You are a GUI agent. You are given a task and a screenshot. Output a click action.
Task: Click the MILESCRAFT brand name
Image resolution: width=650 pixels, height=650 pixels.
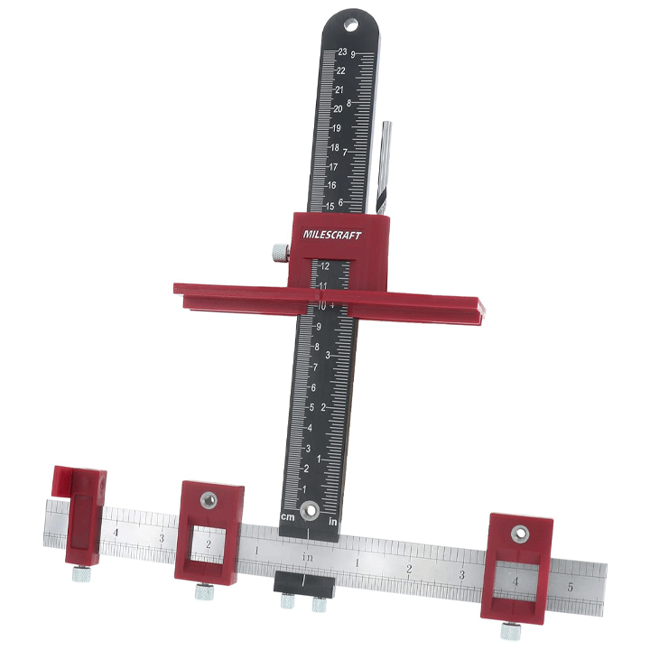pyautogui.click(x=332, y=235)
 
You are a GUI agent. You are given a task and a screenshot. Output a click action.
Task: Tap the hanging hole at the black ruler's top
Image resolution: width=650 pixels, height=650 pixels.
pyautogui.click(x=350, y=25)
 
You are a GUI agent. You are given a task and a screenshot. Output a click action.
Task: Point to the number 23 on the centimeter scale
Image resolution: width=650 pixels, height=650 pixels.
pyautogui.click(x=342, y=51)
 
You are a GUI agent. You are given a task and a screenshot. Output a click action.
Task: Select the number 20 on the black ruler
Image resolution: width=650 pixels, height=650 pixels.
pyautogui.click(x=338, y=108)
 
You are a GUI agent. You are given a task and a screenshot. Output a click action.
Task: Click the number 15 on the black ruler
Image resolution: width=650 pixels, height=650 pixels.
pyautogui.click(x=330, y=206)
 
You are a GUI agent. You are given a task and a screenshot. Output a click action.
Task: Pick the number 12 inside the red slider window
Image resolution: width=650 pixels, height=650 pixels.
pyautogui.click(x=325, y=266)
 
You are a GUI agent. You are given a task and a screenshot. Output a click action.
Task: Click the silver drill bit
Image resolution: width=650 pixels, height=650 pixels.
pyautogui.click(x=384, y=168)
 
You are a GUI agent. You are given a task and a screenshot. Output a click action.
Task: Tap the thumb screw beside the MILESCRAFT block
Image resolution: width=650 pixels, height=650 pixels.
pyautogui.click(x=281, y=253)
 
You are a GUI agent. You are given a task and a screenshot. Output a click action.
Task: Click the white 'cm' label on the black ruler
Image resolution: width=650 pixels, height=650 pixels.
pyautogui.click(x=288, y=517)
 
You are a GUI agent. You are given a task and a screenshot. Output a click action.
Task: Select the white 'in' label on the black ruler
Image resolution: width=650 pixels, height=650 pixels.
pyautogui.click(x=333, y=522)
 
